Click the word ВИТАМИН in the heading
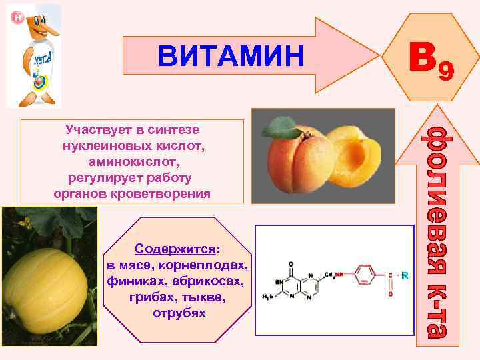pos(230,56)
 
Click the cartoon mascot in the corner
pos(33,57)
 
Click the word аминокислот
pos(133,161)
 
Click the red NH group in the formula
pos(340,274)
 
